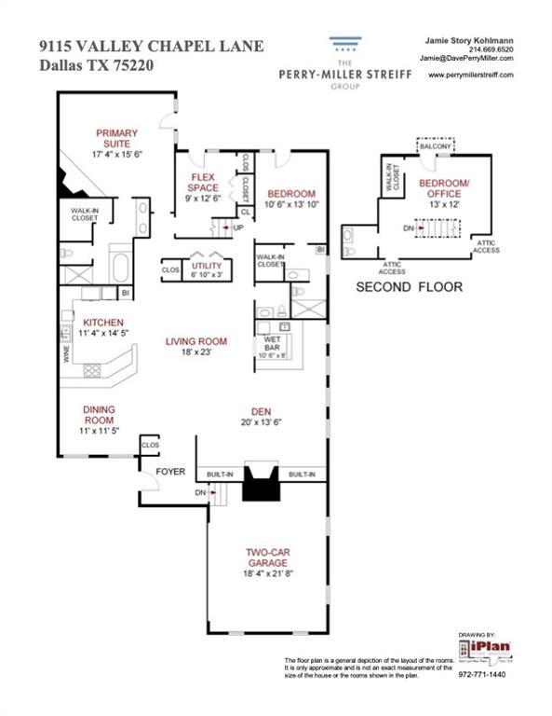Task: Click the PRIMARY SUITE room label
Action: tap(116, 137)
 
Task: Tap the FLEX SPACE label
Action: tap(204, 181)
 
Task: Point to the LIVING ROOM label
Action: tap(196, 341)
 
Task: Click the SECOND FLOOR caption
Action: tap(410, 287)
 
